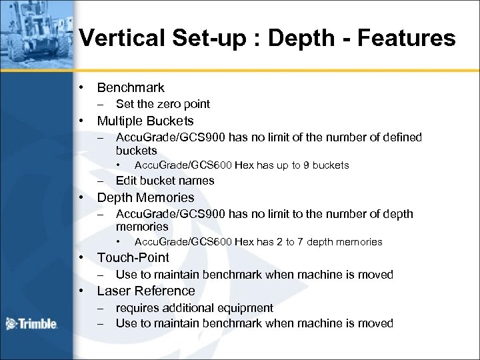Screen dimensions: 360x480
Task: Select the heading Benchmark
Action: tap(131, 87)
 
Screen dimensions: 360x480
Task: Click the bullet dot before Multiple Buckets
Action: tap(81, 121)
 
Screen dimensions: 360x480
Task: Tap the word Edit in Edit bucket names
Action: tap(127, 180)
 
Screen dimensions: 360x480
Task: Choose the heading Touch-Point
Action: tap(133, 257)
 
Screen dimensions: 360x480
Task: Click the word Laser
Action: tap(115, 291)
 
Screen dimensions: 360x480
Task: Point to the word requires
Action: tap(137, 307)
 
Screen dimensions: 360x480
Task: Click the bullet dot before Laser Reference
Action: tap(81, 291)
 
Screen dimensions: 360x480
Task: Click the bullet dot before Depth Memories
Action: tap(81, 197)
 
